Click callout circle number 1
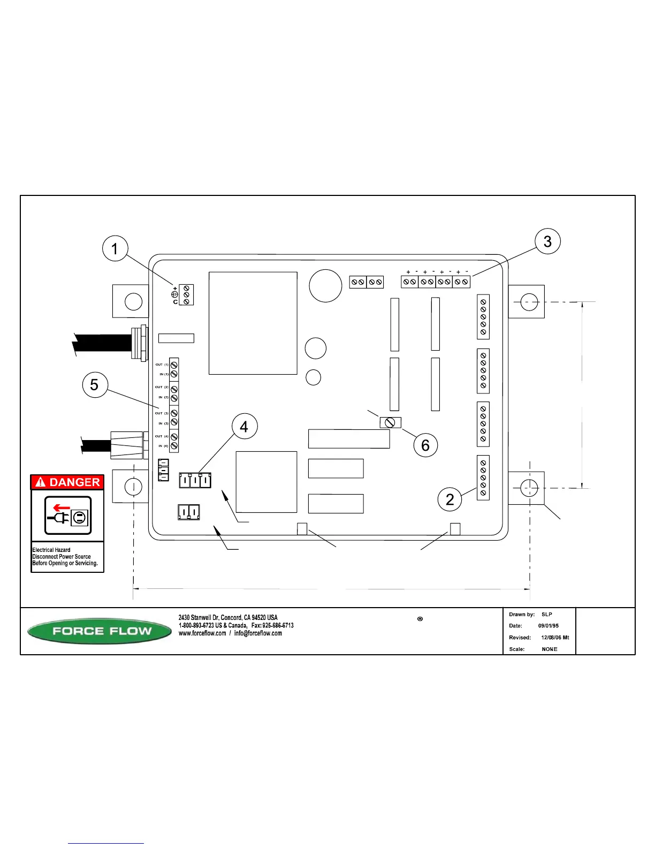(x=115, y=249)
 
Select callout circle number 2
(x=450, y=499)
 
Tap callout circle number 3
(x=547, y=241)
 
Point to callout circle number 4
(x=244, y=427)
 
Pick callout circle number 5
(x=94, y=385)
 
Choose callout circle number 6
(x=425, y=445)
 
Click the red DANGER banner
(x=67, y=482)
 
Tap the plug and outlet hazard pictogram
(x=68, y=516)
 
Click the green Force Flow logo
(x=100, y=631)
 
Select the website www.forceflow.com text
(x=203, y=633)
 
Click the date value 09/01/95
(x=549, y=626)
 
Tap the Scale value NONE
(x=550, y=649)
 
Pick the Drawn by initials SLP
(x=547, y=615)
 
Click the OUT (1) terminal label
(x=162, y=365)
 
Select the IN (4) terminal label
(x=163, y=446)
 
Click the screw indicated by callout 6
(x=390, y=422)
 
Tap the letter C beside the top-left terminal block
(x=175, y=302)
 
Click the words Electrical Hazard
(x=51, y=550)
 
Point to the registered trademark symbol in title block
(x=420, y=619)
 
